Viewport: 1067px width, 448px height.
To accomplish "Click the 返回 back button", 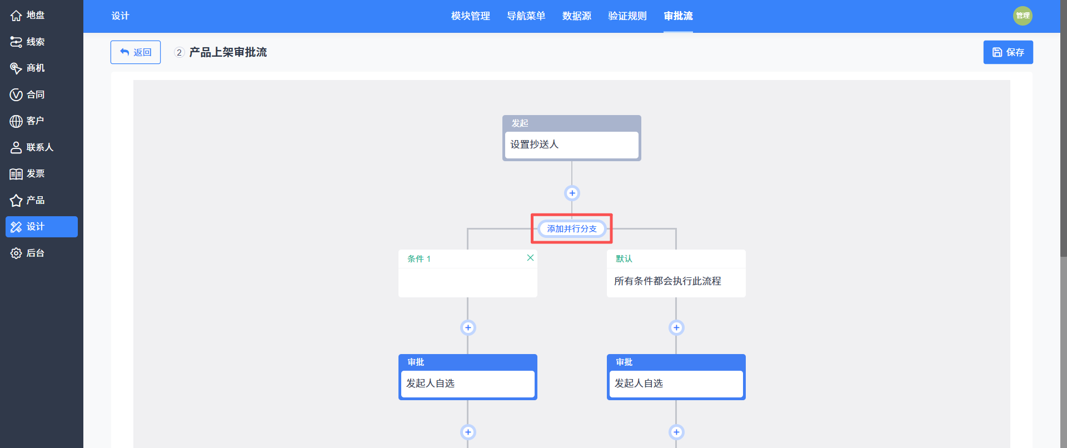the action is point(136,52).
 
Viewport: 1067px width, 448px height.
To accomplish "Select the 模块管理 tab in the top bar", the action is point(470,16).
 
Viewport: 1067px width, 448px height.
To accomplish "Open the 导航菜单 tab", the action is point(526,16).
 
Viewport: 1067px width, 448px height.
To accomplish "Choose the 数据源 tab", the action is point(576,16).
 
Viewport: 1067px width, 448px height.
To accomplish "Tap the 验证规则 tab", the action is point(627,16).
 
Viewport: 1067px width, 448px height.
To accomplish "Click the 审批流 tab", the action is point(678,16).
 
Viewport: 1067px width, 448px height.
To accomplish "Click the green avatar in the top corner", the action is point(1023,16).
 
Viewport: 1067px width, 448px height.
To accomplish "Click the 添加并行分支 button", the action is point(572,228).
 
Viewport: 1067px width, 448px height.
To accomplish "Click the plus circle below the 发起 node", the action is point(572,193).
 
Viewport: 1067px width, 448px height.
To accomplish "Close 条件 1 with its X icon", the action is point(530,258).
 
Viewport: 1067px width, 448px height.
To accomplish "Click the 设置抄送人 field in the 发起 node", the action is point(572,145).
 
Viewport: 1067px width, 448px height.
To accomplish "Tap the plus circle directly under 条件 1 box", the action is point(468,327).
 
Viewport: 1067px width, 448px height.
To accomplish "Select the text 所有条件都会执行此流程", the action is point(667,281).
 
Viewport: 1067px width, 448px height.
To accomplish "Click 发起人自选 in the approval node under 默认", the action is point(639,384).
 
